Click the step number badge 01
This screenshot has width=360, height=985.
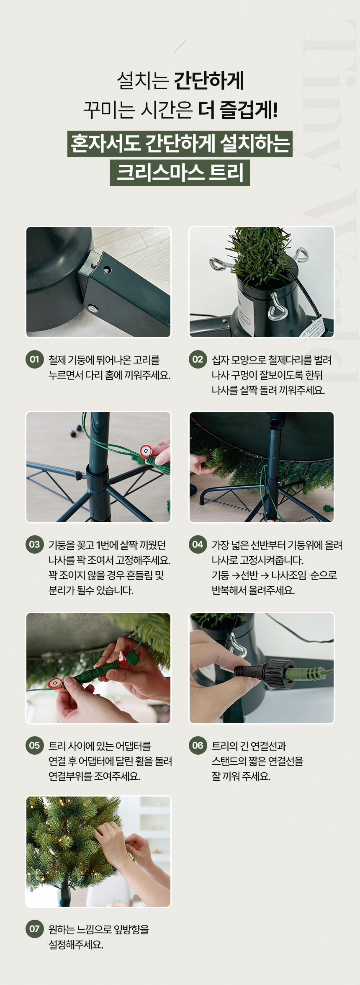click(35, 359)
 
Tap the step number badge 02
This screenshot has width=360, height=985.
click(198, 359)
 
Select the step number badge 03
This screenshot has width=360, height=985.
click(35, 544)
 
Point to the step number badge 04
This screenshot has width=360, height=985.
click(198, 544)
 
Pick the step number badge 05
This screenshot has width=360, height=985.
click(35, 745)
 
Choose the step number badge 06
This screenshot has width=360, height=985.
click(198, 745)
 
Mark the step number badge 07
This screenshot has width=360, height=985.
click(35, 929)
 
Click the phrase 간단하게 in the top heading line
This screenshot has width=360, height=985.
click(208, 80)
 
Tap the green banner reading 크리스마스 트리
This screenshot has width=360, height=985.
click(180, 173)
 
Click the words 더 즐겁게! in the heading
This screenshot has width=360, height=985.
click(238, 110)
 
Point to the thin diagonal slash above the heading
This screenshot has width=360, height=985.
click(180, 46)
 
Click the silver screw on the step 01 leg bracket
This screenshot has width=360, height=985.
click(92, 309)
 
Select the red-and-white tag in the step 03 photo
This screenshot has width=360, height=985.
click(146, 451)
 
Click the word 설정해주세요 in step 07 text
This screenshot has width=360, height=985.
click(76, 944)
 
